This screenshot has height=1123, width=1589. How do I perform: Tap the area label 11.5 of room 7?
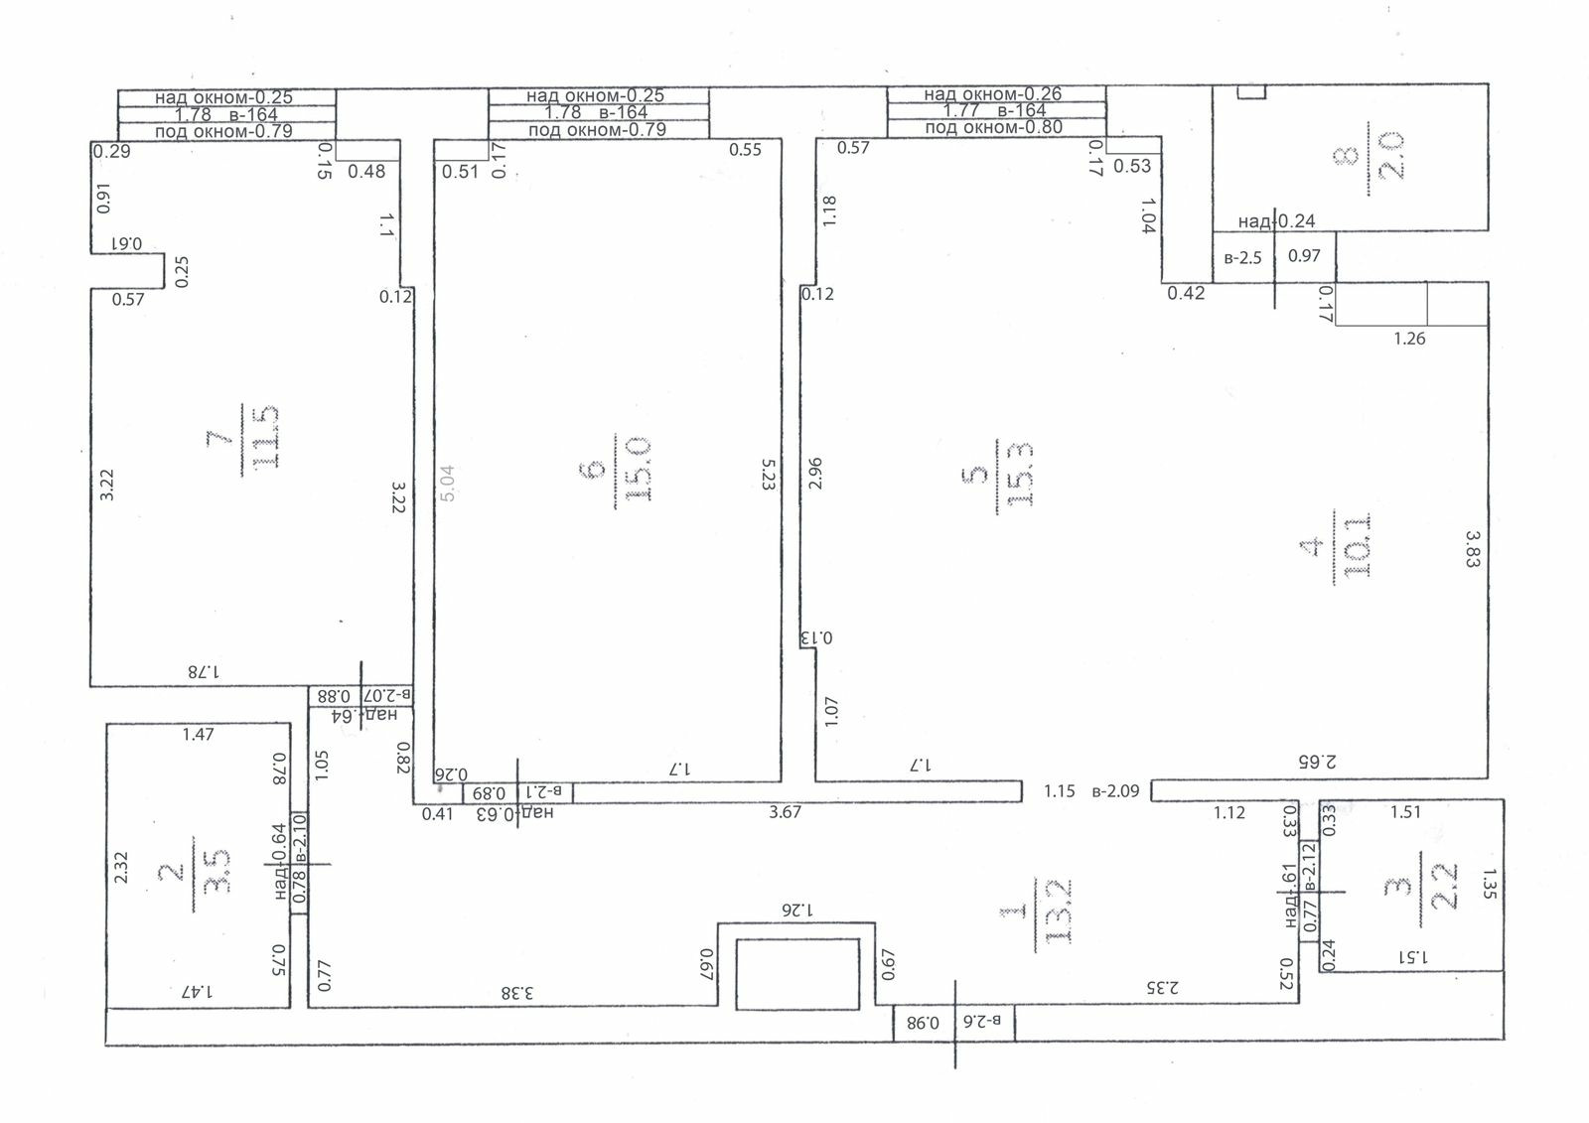(x=266, y=438)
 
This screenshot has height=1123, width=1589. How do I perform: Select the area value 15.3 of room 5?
(x=1020, y=475)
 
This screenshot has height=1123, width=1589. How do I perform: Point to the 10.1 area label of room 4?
(x=1358, y=544)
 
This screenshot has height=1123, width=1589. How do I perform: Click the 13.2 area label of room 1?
(x=1057, y=911)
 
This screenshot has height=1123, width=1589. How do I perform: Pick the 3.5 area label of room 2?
(x=216, y=871)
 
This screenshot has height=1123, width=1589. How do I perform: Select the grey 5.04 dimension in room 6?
(x=448, y=484)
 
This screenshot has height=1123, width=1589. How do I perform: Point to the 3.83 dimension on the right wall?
(x=1473, y=548)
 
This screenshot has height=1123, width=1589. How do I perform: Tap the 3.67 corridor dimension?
(x=786, y=812)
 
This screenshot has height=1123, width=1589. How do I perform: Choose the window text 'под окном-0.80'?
(x=994, y=127)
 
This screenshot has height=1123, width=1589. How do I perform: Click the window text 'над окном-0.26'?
(x=993, y=93)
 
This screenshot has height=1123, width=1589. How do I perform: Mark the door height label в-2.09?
(x=1115, y=791)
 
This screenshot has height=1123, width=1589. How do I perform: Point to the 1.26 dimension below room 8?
(x=1409, y=339)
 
